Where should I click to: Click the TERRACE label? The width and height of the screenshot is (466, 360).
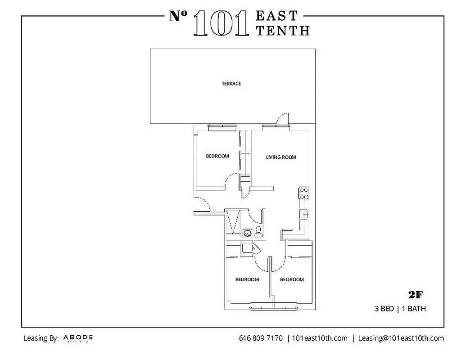[x=231, y=84]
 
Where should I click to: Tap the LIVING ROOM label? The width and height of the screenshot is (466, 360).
[x=281, y=157]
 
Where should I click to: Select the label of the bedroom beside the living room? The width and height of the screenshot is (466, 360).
[x=217, y=156]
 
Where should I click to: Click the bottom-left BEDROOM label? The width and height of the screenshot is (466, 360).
[x=247, y=279]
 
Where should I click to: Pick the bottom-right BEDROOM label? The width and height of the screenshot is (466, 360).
[x=292, y=279]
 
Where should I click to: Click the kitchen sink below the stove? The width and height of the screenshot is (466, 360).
[x=304, y=214]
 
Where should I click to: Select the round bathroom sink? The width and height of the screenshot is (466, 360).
[x=247, y=233]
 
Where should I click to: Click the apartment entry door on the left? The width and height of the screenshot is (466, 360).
[x=202, y=205]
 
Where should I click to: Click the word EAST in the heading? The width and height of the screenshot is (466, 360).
[x=277, y=16]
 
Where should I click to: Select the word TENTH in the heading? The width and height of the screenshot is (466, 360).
[x=282, y=30]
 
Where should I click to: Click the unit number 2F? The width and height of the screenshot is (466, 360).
[x=415, y=295]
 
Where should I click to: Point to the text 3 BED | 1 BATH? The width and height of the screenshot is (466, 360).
[x=400, y=309]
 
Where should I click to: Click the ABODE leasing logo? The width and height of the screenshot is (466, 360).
[x=78, y=337]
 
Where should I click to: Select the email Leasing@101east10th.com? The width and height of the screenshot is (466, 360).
[x=401, y=338]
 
